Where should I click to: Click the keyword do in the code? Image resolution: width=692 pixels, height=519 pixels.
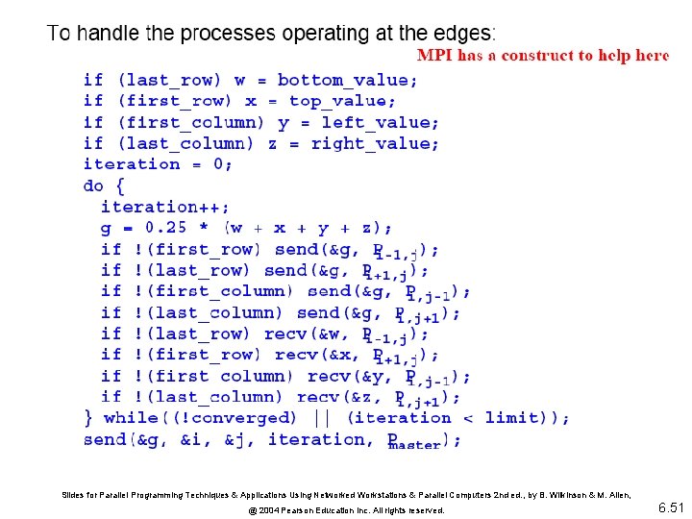pyautogui.click(x=93, y=185)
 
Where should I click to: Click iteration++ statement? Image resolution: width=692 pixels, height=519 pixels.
pyautogui.click(x=164, y=207)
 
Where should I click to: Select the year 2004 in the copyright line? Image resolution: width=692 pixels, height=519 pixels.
pyautogui.click(x=259, y=510)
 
